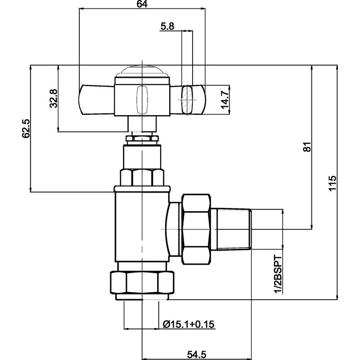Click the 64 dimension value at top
(x=142, y=4)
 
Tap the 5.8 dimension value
(x=167, y=27)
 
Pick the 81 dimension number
(x=308, y=148)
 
